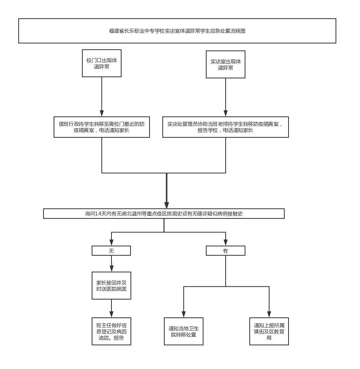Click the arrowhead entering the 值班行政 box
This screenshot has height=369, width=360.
(102, 113)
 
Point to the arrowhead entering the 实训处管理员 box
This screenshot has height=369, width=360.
(226, 113)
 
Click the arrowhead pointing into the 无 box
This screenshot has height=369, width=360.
(111, 243)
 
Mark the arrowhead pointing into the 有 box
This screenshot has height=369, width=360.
(226, 243)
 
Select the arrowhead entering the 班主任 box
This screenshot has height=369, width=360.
(111, 314)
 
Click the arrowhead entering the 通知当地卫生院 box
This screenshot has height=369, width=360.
(184, 314)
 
